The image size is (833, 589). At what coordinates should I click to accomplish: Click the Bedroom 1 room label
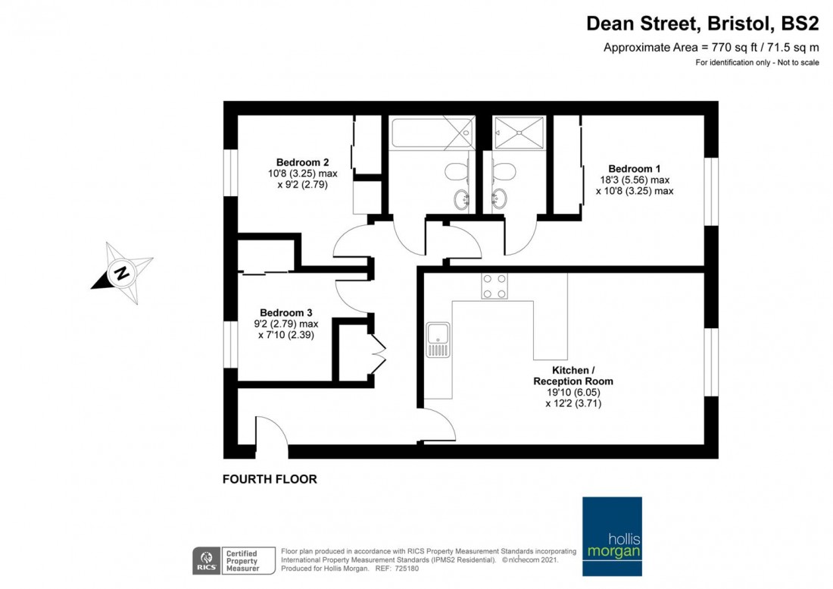click(x=635, y=169)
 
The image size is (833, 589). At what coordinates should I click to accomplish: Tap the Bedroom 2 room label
click(x=302, y=163)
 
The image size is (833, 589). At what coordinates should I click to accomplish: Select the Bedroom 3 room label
click(x=285, y=313)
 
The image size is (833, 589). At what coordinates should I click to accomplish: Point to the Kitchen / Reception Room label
click(x=572, y=376)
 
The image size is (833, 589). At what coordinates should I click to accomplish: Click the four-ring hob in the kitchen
click(x=494, y=286)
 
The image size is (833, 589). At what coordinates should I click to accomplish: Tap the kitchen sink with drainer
click(x=438, y=340)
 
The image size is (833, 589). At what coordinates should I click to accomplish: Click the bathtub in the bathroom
click(x=432, y=133)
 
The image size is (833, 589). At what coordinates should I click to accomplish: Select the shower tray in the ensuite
click(x=519, y=133)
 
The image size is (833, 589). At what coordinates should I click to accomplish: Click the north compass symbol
click(x=123, y=273)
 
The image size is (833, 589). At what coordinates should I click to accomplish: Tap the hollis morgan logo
click(x=612, y=537)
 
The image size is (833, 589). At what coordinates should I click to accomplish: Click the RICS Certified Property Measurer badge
click(x=234, y=561)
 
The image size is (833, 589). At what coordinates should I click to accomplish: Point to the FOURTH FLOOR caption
click(x=270, y=479)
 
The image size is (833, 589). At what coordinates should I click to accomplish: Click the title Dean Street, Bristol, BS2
click(x=702, y=24)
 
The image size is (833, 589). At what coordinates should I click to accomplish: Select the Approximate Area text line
click(x=711, y=47)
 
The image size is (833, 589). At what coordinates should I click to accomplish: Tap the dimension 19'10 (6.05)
click(x=573, y=393)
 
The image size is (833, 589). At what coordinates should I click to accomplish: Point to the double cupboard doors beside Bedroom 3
click(x=378, y=352)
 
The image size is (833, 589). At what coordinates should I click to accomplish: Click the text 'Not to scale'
click(x=798, y=63)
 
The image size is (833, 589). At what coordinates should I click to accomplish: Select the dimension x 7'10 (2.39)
click(x=285, y=335)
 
